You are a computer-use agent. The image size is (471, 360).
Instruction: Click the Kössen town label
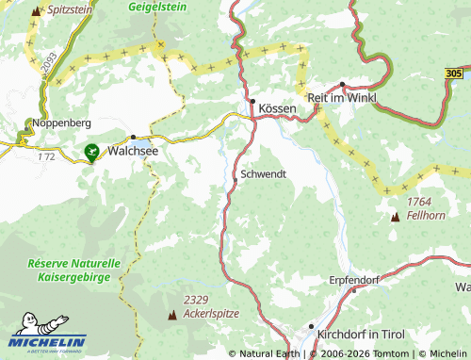click(278, 109)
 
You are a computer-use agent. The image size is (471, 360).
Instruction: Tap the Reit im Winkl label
click(341, 97)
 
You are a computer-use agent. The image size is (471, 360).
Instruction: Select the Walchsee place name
click(132, 150)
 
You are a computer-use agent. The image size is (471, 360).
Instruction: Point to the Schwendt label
click(263, 174)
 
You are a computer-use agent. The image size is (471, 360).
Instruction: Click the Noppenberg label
click(61, 123)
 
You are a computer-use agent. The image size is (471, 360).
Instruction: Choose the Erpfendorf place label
click(353, 280)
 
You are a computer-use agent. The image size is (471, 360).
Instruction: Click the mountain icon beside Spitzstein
click(37, 11)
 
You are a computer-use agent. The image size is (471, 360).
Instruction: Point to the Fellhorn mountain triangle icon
click(395, 218)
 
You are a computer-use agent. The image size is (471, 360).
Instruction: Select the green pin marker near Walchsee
click(92, 150)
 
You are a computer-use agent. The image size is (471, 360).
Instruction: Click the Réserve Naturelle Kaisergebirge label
click(74, 270)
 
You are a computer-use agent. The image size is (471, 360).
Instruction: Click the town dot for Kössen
click(252, 101)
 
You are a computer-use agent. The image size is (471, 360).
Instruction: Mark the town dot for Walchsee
click(133, 138)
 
